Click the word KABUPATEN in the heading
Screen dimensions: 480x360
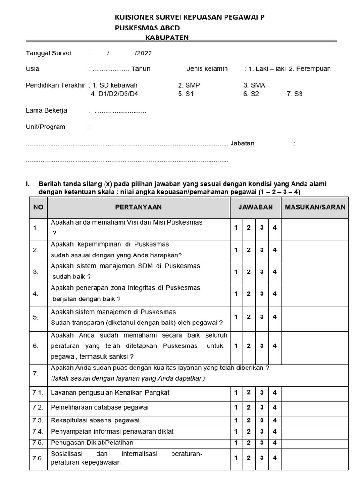[x=167, y=37]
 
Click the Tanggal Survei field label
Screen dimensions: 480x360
[x=48, y=53]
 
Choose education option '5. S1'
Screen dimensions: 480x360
[x=186, y=94]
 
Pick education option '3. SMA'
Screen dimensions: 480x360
[x=254, y=85]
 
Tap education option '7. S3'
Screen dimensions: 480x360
[x=294, y=94]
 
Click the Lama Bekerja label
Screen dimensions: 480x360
[x=46, y=111]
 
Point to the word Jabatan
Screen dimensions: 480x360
[x=242, y=143]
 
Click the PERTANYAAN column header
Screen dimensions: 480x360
[x=138, y=207]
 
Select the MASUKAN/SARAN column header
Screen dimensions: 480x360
[x=315, y=207]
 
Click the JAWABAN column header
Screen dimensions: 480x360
[x=255, y=207]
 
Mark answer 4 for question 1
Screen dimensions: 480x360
[x=275, y=228]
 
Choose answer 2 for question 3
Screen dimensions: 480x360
[x=249, y=272]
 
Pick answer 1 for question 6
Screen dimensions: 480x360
[x=236, y=346]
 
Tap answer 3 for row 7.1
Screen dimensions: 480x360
[x=262, y=393]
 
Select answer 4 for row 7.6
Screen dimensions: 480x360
[x=275, y=458]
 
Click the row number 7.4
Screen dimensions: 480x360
[x=37, y=431]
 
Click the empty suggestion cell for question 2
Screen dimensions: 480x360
[x=315, y=250]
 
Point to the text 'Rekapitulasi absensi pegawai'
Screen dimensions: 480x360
[x=95, y=420]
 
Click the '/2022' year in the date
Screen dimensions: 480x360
[x=143, y=53]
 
